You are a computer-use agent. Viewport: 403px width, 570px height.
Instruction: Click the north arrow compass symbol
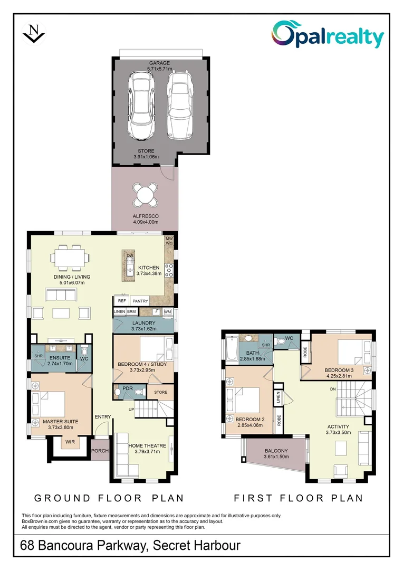(33, 33)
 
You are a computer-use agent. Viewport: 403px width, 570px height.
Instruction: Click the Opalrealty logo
(328, 34)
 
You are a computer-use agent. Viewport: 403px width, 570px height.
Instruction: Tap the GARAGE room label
(159, 63)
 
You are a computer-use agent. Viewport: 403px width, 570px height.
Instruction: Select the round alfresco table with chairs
(146, 195)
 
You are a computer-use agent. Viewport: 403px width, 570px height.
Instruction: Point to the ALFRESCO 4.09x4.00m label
(146, 219)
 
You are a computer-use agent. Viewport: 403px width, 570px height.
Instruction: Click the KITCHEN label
(149, 268)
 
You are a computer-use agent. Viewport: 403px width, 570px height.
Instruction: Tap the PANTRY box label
(140, 301)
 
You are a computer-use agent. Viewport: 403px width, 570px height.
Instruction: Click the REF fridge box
(122, 301)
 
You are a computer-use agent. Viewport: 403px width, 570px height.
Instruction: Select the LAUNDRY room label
(144, 323)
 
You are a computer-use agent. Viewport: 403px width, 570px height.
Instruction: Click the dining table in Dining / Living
(70, 258)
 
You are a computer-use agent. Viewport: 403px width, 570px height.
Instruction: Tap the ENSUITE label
(60, 358)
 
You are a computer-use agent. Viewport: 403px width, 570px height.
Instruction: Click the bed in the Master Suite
(49, 405)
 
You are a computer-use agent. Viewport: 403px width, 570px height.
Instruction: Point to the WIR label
(70, 442)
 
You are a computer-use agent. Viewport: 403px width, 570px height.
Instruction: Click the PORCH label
(100, 451)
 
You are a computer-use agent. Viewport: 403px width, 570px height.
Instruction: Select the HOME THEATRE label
(147, 445)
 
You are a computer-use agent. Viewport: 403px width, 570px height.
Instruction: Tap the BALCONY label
(276, 451)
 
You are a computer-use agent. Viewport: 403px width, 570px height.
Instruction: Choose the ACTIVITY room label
(338, 427)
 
